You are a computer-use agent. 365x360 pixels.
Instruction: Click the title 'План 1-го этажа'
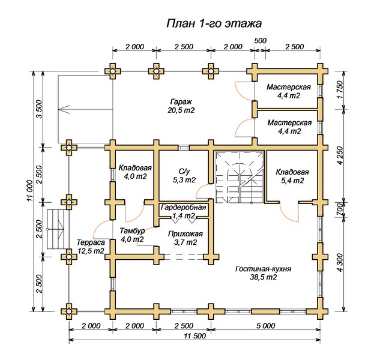pos(214,24)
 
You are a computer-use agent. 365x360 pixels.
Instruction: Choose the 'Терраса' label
pos(90,242)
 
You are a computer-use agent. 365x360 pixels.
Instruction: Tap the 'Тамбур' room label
pos(131,230)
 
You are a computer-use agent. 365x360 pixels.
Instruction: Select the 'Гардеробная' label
pos(184,208)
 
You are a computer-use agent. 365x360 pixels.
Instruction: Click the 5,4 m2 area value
pos(292,180)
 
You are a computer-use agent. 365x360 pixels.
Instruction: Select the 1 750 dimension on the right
pos(340,89)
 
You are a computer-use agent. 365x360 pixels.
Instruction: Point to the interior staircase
pos(239,178)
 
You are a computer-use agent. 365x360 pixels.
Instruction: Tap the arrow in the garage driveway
pos(63,109)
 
